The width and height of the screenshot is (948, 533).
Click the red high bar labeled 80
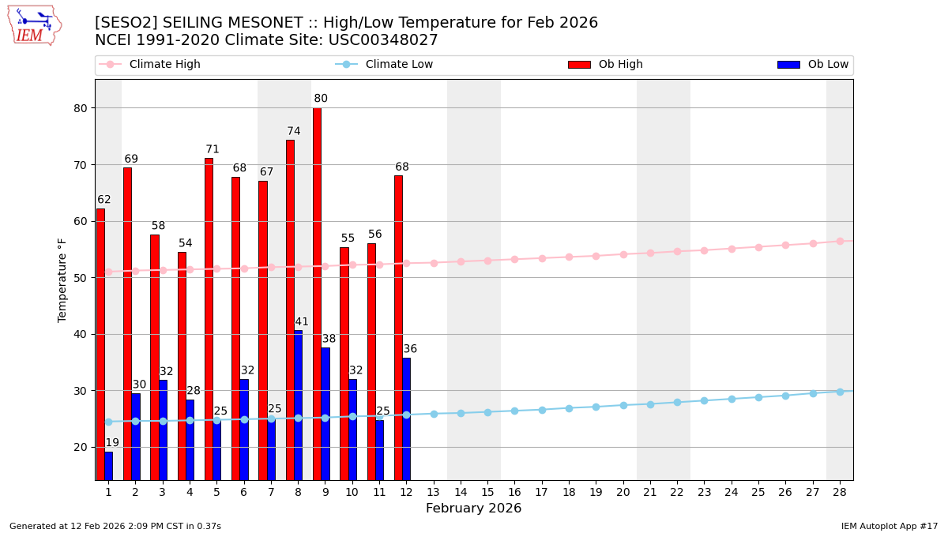point(317,294)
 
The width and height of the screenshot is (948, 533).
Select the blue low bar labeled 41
point(298,404)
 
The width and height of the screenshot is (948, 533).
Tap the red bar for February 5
point(209,319)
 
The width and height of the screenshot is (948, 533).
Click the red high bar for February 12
point(398,328)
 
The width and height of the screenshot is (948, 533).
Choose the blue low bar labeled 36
point(406,419)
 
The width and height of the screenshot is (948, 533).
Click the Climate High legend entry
point(150,65)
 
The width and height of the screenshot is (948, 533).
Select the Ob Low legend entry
point(814,65)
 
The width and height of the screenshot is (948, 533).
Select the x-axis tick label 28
point(840,493)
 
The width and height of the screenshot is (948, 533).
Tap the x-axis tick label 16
point(514,493)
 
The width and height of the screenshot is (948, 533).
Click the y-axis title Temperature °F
point(62,280)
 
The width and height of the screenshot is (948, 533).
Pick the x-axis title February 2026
point(473,509)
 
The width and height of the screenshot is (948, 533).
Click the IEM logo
point(34,25)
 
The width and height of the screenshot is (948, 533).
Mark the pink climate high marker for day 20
point(623,254)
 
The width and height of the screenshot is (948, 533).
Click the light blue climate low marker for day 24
point(732,399)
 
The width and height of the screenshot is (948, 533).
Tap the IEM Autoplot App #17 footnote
point(890,527)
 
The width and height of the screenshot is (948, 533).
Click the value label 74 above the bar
point(294,132)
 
